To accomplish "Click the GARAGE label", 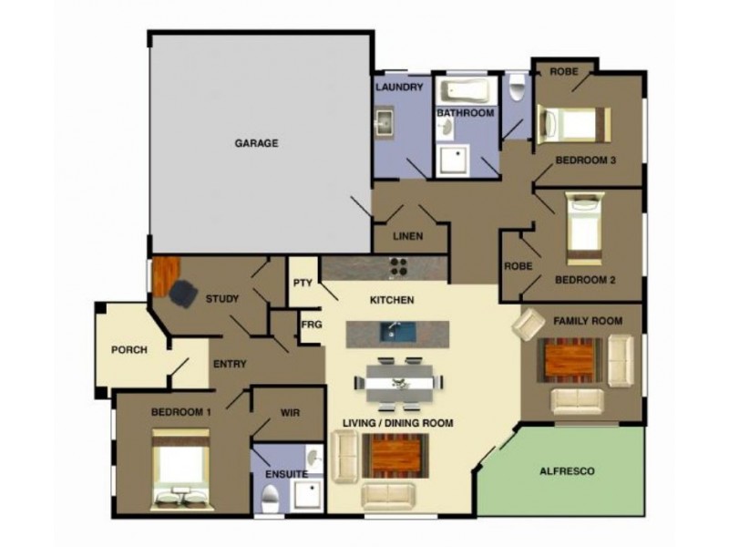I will (256, 143).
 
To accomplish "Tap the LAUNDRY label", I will (399, 88).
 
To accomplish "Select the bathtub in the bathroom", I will (465, 92).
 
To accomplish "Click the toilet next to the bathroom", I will (517, 89).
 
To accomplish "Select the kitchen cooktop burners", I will (399, 267).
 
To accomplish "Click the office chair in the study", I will (182, 293).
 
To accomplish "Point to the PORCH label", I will (129, 350).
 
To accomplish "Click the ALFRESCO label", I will (568, 472).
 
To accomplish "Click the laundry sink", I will (384, 123).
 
